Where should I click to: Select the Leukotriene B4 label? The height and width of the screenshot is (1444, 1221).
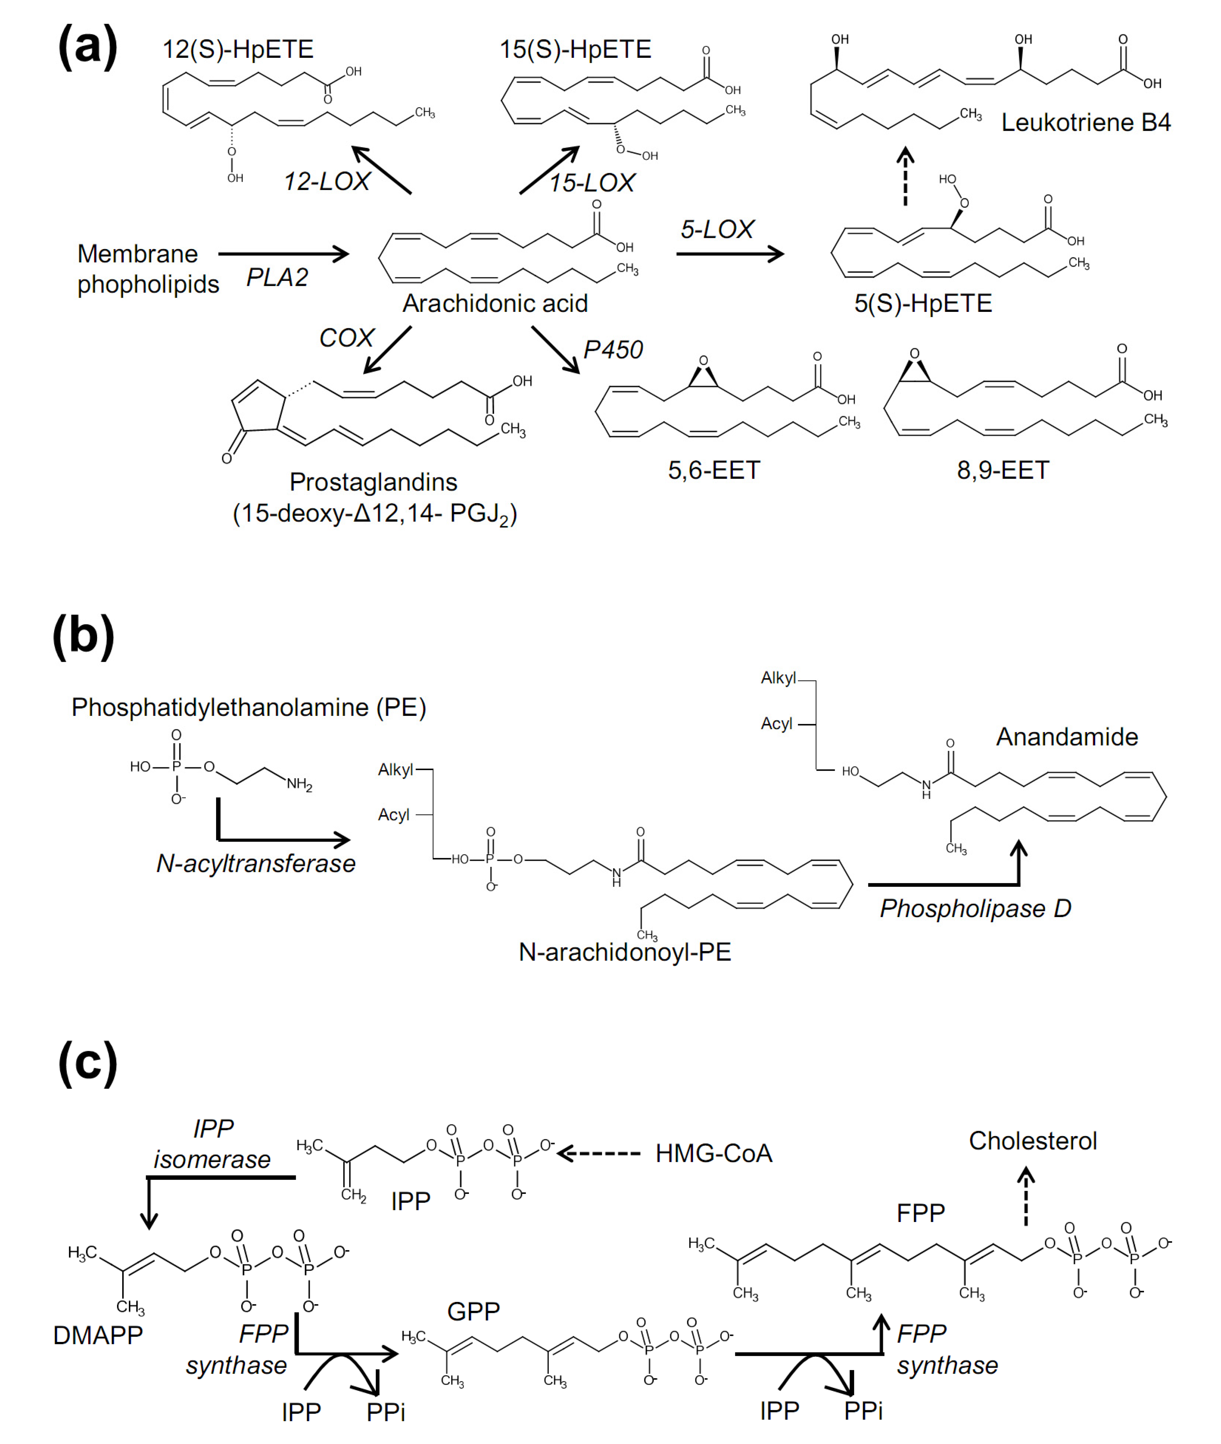(1085, 123)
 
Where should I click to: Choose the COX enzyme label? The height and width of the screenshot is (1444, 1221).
(346, 338)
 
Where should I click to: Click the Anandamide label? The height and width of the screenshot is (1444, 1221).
(1067, 737)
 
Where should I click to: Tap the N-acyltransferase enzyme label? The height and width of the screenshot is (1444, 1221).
(255, 864)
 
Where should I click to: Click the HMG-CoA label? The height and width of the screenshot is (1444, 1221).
(714, 1153)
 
